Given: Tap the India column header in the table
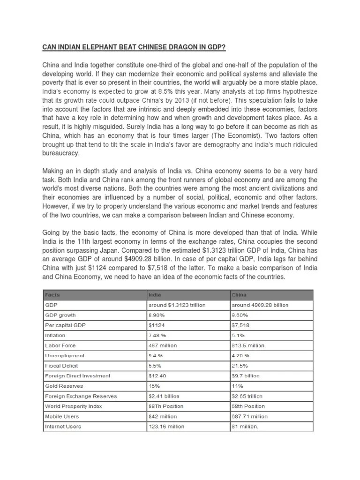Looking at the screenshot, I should [155, 295].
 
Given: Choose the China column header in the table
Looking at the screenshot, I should [240, 295].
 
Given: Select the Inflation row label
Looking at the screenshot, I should [55, 335].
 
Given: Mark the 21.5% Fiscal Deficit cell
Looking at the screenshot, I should [240, 366].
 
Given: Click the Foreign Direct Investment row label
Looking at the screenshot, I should [77, 375].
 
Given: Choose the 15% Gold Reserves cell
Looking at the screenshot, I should [154, 386].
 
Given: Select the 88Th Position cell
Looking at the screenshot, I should [166, 406].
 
